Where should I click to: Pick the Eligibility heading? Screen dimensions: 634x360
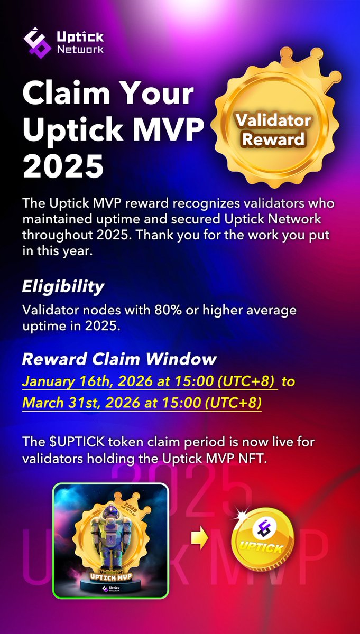[x=63, y=287]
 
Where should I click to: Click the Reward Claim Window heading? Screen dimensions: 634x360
[x=119, y=360]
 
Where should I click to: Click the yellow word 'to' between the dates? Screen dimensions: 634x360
[x=288, y=381]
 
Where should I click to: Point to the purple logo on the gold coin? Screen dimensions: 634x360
[x=262, y=528]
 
